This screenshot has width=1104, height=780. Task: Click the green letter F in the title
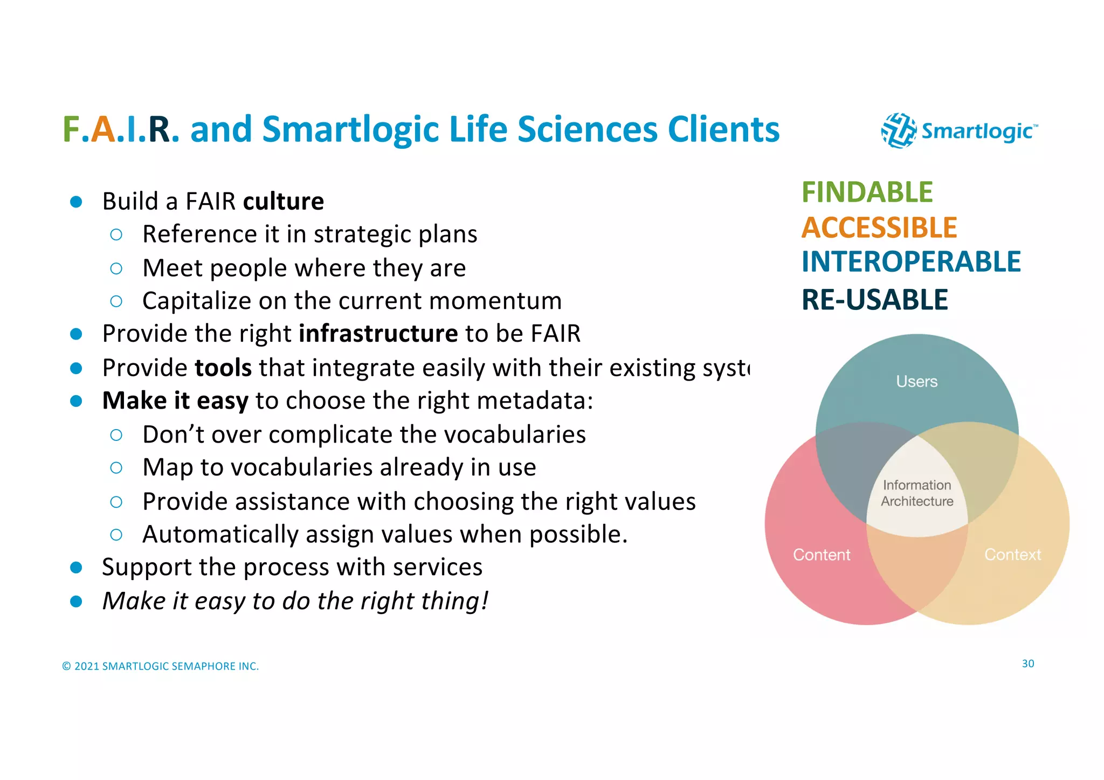click(72, 130)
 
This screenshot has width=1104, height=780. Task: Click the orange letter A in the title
click(103, 130)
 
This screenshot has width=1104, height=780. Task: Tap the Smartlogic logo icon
click(898, 130)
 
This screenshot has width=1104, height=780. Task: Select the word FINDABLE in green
click(867, 192)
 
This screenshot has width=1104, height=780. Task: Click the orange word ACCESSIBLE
click(879, 227)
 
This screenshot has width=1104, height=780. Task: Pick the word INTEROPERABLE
click(911, 262)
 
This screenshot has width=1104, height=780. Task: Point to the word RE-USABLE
click(874, 300)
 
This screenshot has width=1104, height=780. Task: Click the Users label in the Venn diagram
click(916, 382)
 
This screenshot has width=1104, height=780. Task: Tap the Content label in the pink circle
click(822, 555)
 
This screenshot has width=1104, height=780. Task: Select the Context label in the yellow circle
click(1012, 555)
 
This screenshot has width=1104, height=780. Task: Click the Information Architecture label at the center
click(917, 493)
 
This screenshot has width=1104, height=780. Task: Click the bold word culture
click(284, 202)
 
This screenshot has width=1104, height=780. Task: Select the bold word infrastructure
click(378, 334)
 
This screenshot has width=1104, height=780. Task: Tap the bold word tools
click(223, 368)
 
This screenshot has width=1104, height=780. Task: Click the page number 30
click(1027, 664)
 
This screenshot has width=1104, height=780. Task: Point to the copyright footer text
click(161, 666)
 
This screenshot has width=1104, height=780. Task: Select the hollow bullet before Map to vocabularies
click(116, 468)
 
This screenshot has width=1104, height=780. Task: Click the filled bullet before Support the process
click(76, 568)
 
